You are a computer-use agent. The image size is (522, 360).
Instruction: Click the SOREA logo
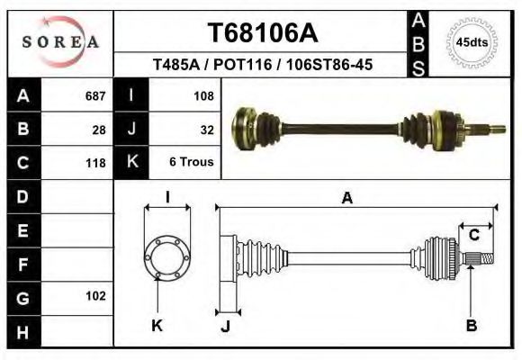(60, 42)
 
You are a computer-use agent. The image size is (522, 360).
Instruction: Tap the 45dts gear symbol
(472, 42)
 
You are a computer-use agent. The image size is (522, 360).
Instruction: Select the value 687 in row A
(94, 95)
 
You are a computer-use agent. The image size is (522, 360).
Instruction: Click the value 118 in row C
(94, 164)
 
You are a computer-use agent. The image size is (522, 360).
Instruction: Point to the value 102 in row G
(94, 296)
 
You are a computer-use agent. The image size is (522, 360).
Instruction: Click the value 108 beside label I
(203, 95)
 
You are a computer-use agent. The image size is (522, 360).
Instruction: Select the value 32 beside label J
(207, 130)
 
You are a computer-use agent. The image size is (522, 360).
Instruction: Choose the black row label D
(22, 197)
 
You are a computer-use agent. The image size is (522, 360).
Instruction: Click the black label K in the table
(132, 163)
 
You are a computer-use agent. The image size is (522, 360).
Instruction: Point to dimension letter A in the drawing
(346, 200)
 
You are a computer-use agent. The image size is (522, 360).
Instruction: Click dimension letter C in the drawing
(473, 236)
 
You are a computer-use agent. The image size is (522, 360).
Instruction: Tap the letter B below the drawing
(471, 326)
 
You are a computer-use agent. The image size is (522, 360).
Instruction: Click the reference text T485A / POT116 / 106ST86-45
(263, 66)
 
